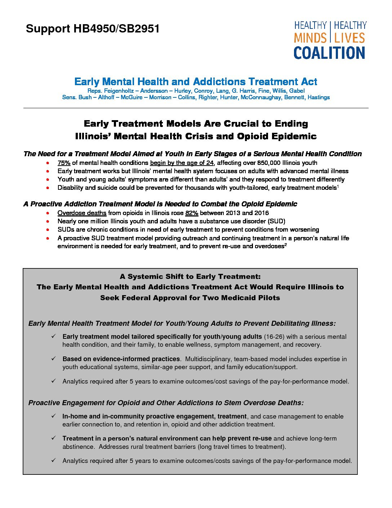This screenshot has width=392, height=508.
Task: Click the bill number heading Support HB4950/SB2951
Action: point(93,29)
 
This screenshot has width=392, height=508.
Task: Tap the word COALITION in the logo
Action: point(329,53)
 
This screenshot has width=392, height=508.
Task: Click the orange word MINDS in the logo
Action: point(310,38)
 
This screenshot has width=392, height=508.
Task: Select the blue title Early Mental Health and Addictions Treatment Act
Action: point(196,82)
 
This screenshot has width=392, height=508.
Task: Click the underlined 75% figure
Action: point(64,163)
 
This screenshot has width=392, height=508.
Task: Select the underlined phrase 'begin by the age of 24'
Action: point(182,163)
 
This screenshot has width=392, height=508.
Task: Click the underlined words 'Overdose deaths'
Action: point(82,213)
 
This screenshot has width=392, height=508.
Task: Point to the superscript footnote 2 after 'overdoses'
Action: point(286,245)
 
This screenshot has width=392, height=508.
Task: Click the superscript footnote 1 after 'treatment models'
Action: point(337,186)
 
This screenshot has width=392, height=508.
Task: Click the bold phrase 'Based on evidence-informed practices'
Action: point(121,359)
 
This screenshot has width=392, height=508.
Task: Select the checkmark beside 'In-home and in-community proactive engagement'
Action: point(53,416)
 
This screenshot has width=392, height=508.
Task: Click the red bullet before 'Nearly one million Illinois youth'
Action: point(48,221)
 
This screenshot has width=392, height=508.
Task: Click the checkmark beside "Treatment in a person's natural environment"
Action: point(53,438)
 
